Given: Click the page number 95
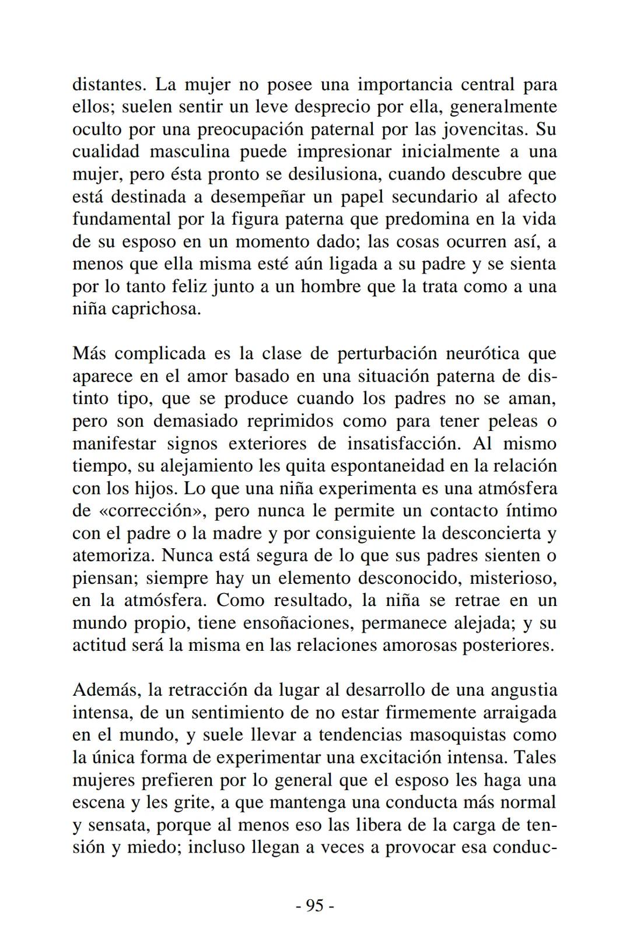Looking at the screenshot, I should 314,905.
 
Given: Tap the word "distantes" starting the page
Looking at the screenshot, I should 107,85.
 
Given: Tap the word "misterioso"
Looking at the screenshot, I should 513,578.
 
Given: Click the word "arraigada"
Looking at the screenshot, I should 517,713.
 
